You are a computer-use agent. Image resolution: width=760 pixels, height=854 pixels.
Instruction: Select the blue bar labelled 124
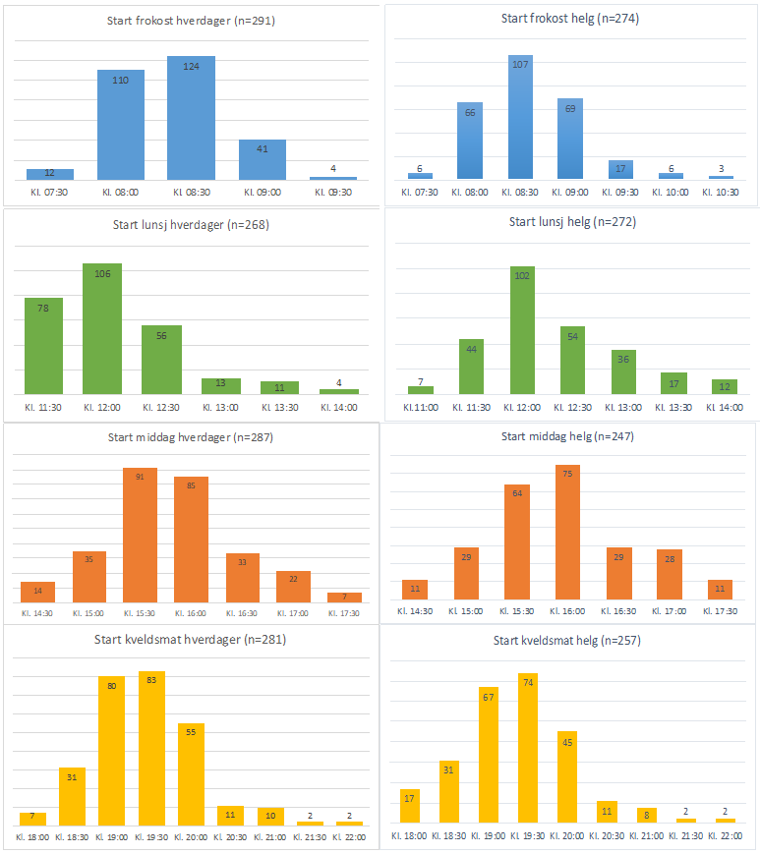pyautogui.click(x=191, y=118)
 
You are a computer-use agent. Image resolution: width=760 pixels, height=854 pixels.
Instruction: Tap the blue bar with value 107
pyautogui.click(x=527, y=118)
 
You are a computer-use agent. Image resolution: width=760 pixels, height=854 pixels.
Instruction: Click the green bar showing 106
pyautogui.click(x=102, y=328)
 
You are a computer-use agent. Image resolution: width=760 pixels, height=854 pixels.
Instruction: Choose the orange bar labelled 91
pyautogui.click(x=140, y=536)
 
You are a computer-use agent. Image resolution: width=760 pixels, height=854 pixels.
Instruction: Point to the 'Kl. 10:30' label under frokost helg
pyautogui.click(x=721, y=192)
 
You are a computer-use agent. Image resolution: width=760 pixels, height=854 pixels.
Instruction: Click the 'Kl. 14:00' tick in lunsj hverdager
pyautogui.click(x=339, y=407)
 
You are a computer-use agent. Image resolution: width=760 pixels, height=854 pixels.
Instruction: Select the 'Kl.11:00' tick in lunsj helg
pyautogui.click(x=421, y=407)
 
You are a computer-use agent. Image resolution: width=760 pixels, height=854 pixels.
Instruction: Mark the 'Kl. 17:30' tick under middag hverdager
pyautogui.click(x=344, y=613)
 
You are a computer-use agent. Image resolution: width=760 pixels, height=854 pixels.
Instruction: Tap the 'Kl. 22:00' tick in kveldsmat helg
pyautogui.click(x=726, y=835)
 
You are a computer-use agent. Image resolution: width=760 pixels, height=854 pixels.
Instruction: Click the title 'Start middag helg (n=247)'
pyautogui.click(x=568, y=436)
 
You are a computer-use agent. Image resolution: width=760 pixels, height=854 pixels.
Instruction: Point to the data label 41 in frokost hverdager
pyautogui.click(x=263, y=149)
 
